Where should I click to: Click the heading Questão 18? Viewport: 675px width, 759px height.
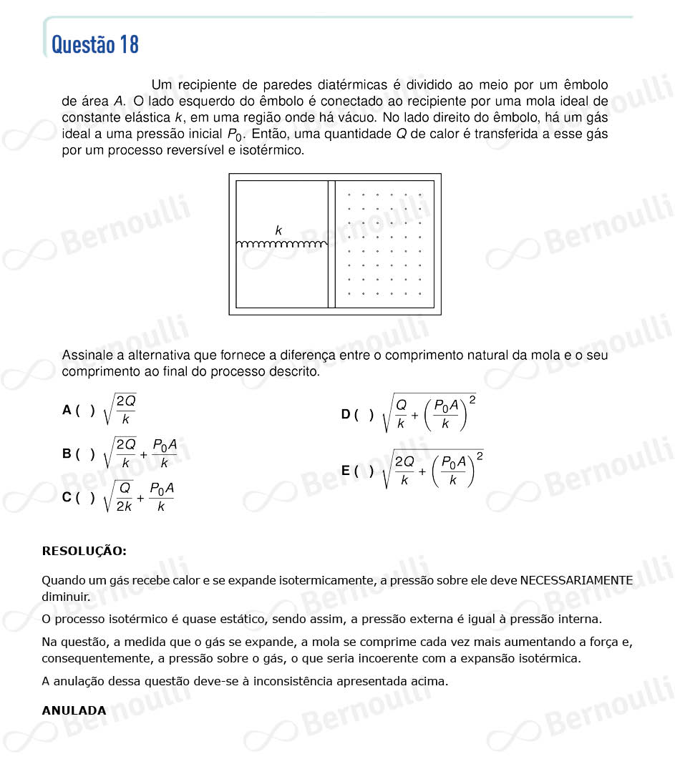point(95,44)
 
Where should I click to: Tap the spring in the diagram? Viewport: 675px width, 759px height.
point(281,245)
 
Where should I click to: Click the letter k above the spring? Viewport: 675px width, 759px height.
point(278,230)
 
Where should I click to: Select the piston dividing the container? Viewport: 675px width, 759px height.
point(331,244)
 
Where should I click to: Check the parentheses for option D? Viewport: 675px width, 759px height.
point(364,414)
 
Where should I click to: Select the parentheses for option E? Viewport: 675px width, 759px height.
point(364,470)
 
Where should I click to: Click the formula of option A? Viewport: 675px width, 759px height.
point(120,409)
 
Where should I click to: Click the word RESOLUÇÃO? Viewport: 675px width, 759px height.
point(84,551)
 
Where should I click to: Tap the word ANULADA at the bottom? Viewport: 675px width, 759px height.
point(74,710)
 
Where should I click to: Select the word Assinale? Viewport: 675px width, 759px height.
point(87,356)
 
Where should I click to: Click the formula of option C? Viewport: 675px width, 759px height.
point(139,497)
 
